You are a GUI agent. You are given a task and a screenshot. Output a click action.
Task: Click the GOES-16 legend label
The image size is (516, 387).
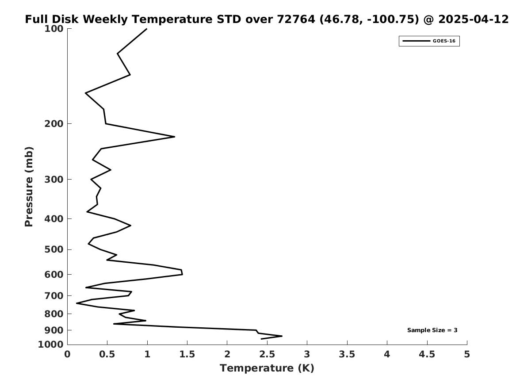click(444, 41)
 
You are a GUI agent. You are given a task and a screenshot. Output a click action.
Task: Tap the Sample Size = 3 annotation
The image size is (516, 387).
click(432, 330)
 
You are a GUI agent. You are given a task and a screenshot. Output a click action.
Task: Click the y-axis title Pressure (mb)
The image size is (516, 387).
click(29, 187)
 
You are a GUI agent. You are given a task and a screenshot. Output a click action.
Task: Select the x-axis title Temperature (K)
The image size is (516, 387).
click(267, 368)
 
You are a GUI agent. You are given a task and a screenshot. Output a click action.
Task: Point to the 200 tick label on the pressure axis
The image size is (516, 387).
click(54, 124)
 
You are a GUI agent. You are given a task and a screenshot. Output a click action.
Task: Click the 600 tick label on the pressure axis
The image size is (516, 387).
click(54, 275)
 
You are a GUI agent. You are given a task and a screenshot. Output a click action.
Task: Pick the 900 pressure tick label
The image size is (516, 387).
click(54, 330)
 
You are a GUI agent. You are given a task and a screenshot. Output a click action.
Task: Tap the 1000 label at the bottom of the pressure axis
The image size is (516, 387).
click(51, 345)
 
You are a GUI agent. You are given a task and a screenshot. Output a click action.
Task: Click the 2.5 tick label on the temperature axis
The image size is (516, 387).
click(267, 354)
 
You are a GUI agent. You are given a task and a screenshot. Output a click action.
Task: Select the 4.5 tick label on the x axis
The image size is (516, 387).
click(427, 354)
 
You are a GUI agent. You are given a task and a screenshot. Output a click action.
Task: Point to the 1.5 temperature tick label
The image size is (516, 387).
click(187, 354)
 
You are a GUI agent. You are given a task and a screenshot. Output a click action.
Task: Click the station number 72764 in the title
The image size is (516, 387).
click(296, 19)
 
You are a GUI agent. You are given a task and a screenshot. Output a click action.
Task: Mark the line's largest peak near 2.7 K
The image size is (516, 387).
click(282, 336)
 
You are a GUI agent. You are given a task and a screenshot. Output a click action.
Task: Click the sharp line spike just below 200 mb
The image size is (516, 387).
click(174, 137)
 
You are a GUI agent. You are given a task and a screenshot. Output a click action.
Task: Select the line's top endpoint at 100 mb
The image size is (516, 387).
click(146, 29)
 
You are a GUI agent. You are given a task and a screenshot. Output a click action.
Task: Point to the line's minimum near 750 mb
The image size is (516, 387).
click(76, 303)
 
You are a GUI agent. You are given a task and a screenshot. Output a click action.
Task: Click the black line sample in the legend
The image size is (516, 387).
click(416, 41)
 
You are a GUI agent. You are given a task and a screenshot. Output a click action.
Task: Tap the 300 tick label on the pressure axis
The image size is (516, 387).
click(54, 180)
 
